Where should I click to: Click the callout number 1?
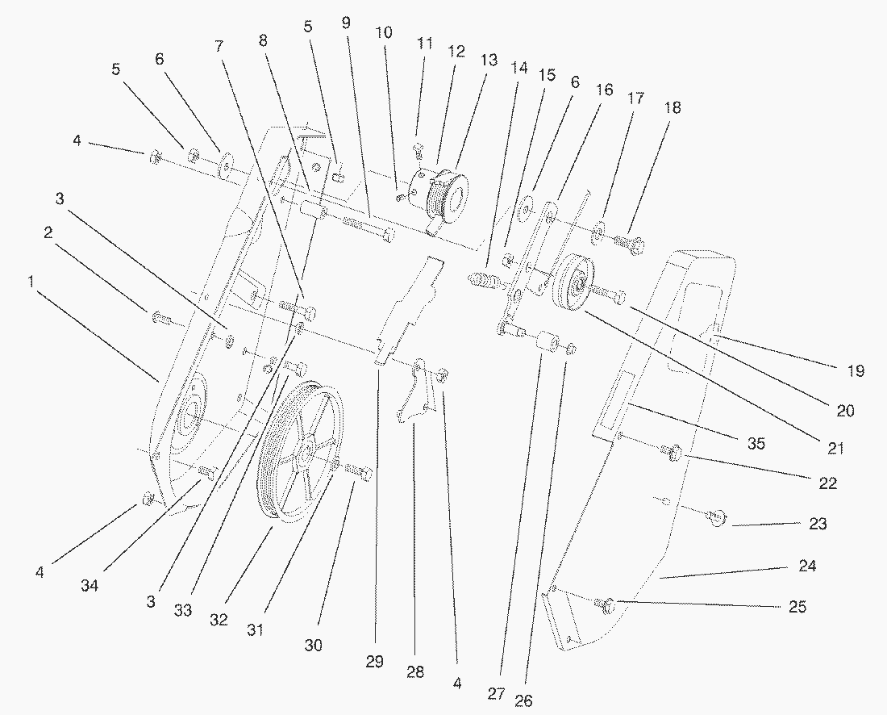pos(31,282)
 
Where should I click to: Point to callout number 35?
pos(755,443)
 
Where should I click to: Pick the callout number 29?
pos(374,662)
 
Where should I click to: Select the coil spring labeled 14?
pos(483,283)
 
